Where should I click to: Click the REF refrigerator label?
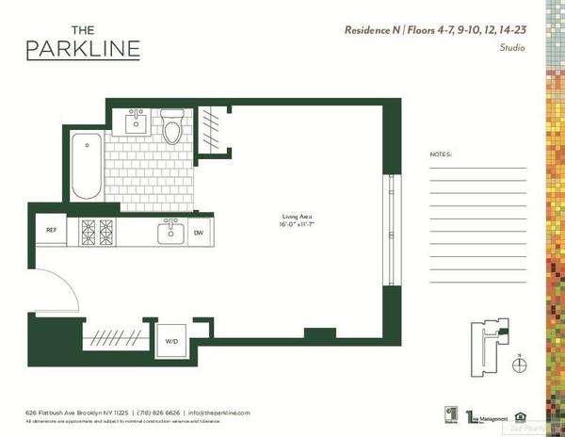(52, 229)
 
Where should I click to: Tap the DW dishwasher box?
(199, 233)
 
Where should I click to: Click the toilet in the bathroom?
(171, 128)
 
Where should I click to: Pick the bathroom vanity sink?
(137, 121)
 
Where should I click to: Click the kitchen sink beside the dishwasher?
(171, 232)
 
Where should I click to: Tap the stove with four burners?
(97, 231)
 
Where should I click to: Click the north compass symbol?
(518, 364)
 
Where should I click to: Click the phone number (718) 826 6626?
(156, 413)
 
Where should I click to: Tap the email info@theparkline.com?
(218, 413)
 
